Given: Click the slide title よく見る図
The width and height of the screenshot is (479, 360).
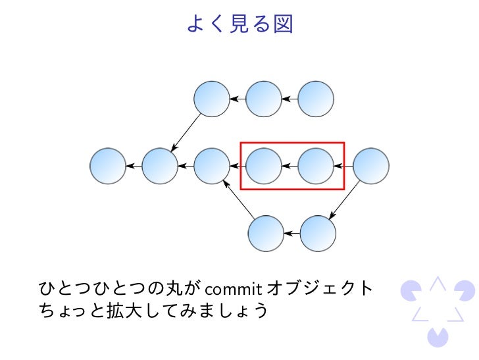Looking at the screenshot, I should coord(239,24).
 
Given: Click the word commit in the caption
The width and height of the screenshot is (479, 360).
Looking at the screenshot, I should coord(234,288).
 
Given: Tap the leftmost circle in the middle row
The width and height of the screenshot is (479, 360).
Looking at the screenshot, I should coord(108,166).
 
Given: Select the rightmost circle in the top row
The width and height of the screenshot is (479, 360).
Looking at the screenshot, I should coord(316,99).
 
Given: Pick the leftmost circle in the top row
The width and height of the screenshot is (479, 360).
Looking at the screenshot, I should coord(212,99).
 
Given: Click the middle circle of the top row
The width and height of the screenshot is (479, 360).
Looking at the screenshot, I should coord(264,99).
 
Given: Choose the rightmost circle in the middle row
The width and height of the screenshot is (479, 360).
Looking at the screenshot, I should coord(371,166).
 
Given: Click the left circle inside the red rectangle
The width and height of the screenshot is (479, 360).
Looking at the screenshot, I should coord(264,166).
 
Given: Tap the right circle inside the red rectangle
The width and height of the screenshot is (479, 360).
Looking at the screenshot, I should coord(316,166).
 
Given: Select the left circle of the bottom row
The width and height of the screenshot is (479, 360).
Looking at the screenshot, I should coord(266,233).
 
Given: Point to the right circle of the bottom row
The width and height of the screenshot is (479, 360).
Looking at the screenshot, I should coord(318,233).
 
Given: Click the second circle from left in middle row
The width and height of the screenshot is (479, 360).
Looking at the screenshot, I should coord(160,166).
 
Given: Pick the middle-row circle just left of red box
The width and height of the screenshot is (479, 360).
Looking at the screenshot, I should coord(212,166).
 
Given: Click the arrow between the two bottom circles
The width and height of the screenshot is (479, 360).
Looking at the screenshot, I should coord(292,233).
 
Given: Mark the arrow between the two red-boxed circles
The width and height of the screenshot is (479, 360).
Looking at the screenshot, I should coord(290,166).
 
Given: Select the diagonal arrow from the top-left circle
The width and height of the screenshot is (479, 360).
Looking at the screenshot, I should coord(186,133).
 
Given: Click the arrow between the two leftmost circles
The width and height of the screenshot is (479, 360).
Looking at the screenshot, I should coord(134,166).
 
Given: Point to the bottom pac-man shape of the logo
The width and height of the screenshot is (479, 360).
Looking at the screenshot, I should coord(437,336).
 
